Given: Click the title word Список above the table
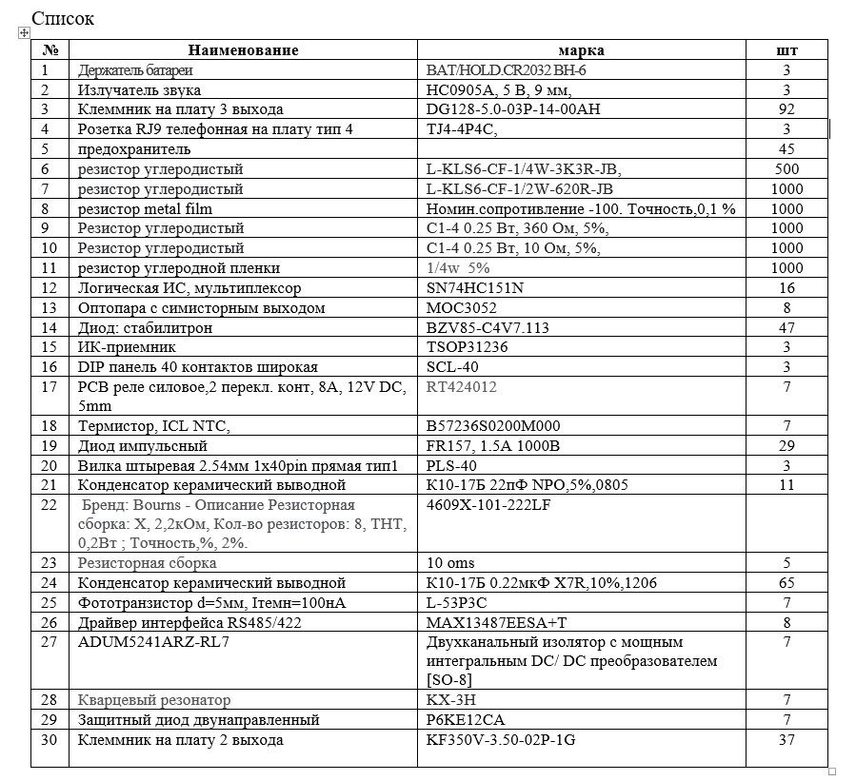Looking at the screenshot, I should tap(63, 18).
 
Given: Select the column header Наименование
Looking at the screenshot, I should tap(243, 50).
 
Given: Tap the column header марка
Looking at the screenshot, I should tap(581, 50).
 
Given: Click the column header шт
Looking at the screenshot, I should tap(786, 50).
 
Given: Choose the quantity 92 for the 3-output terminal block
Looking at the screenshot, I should tap(786, 109).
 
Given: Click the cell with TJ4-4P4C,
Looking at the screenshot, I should tap(464, 129).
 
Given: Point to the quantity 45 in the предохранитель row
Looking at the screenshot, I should tap(786, 149).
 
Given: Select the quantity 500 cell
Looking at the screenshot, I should tap(786, 169).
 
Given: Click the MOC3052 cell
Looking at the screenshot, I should tap(462, 308).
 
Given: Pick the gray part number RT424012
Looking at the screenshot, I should tap(462, 387).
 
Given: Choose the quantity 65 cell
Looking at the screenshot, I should tap(786, 582).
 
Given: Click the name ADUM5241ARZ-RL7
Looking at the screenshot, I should tap(153, 641).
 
